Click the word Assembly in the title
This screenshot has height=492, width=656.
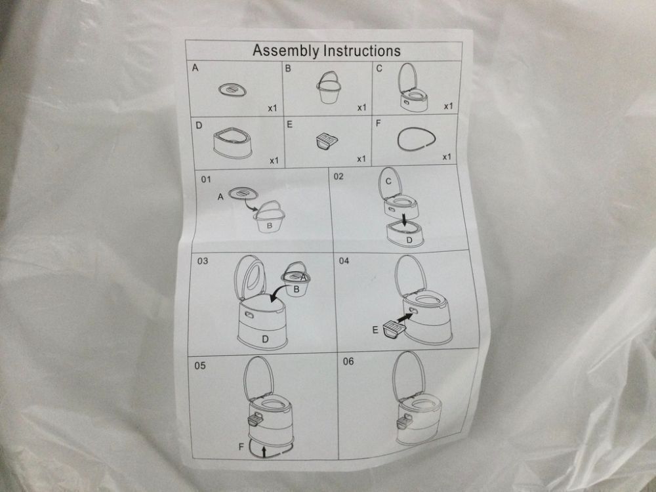[286, 51]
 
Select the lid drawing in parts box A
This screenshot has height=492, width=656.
[232, 90]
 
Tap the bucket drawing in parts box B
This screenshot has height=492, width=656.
[329, 87]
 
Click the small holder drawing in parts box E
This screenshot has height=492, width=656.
[327, 140]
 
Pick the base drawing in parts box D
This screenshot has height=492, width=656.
[233, 144]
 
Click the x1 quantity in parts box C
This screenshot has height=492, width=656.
[448, 106]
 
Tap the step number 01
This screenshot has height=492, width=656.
[206, 180]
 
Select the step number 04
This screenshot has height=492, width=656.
[344, 261]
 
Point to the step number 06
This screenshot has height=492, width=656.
[348, 361]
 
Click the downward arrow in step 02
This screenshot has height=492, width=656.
[405, 220]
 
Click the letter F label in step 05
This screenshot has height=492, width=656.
[241, 447]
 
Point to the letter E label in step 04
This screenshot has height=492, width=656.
[375, 331]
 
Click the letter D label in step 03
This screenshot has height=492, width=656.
[265, 339]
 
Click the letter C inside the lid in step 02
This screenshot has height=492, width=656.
[389, 182]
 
